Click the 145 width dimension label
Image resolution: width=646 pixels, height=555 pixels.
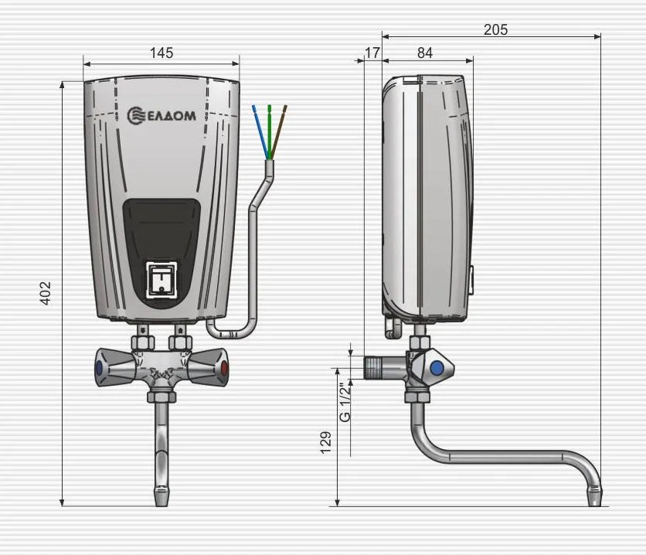point(161,53)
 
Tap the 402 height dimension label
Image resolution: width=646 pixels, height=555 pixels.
point(46,293)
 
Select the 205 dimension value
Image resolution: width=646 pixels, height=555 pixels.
point(495,29)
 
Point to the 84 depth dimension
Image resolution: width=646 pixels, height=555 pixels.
point(425,53)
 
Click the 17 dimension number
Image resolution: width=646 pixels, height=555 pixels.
point(372,53)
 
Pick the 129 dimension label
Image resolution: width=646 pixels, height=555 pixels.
point(326,442)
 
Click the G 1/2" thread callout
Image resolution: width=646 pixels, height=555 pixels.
point(345,402)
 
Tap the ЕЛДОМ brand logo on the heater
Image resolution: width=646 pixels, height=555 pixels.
point(161,116)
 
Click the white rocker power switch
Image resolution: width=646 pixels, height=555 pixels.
point(162,280)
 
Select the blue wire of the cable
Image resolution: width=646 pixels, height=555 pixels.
point(260,131)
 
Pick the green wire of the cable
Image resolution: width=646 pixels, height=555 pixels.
point(270,131)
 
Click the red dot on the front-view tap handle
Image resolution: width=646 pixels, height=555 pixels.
point(224,368)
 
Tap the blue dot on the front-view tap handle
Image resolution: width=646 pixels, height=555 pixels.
point(99,368)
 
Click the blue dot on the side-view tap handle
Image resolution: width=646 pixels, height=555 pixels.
point(437,367)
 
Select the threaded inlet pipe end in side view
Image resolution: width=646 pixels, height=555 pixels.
point(374,368)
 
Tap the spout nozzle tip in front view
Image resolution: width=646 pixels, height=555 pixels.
point(162,496)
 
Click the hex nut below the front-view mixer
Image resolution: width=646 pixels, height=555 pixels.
point(162,397)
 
